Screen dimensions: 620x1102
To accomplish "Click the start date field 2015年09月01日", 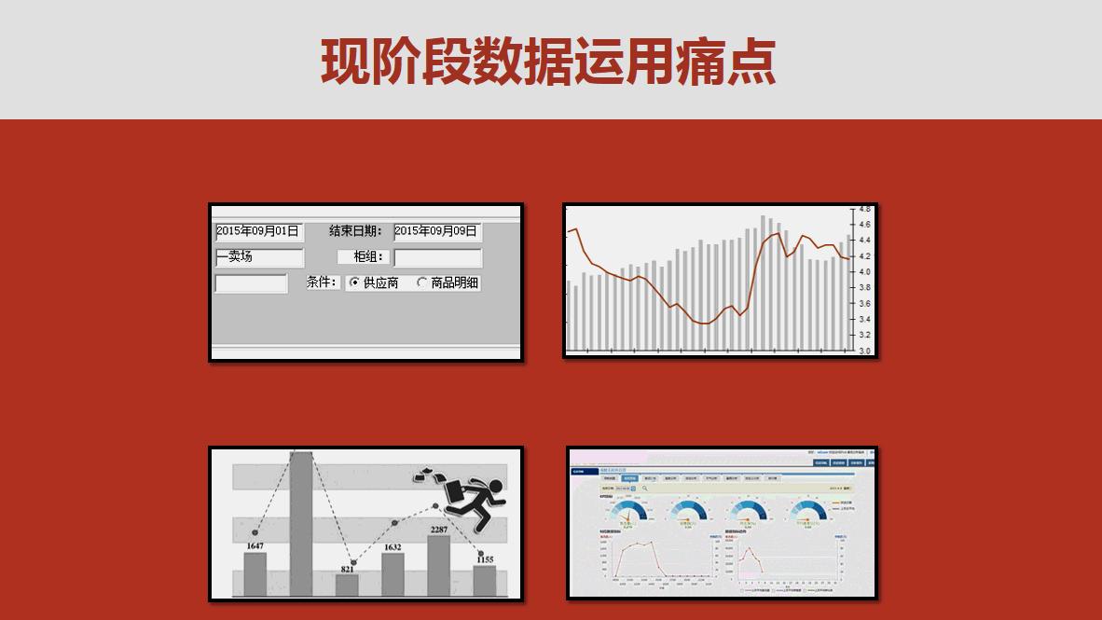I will (258, 231).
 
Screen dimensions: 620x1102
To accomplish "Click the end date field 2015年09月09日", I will (436, 231).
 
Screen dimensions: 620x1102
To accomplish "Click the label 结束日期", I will (354, 231).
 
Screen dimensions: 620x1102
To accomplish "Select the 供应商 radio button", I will (354, 282).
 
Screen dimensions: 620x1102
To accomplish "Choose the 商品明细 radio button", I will (422, 282).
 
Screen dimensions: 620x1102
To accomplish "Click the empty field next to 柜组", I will (437, 257).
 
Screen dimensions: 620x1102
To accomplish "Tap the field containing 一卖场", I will (258, 257).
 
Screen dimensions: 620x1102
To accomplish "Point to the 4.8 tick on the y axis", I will (864, 209).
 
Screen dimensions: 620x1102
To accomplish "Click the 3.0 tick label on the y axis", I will (864, 351).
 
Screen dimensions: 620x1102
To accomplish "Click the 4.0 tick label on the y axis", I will (864, 272).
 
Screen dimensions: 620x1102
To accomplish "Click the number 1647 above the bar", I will (255, 546).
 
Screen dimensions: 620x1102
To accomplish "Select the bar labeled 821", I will (347, 585).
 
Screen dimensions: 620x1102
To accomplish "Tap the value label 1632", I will (393, 547).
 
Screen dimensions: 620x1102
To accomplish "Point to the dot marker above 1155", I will (482, 554).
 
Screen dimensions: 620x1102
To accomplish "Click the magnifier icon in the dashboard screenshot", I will (644, 488).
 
